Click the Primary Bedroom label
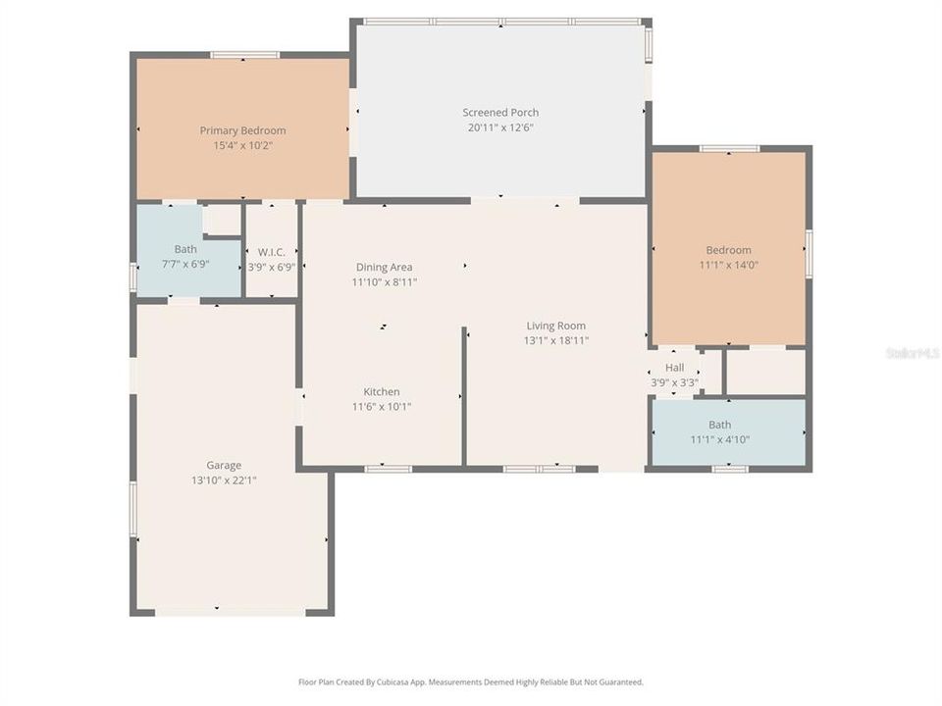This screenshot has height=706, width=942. click(x=242, y=130)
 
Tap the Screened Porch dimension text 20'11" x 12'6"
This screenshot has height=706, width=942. click(x=500, y=127)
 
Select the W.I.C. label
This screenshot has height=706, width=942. click(x=271, y=251)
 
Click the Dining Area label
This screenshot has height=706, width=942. click(x=384, y=267)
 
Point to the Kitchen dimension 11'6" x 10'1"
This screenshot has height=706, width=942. click(x=382, y=407)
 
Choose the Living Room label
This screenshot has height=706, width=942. click(x=555, y=326)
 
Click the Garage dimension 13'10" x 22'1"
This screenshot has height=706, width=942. click(x=224, y=480)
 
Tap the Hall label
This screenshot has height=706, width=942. click(x=674, y=368)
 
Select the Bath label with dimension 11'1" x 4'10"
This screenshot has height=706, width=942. click(x=719, y=425)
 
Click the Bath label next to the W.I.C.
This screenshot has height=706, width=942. click(x=185, y=249)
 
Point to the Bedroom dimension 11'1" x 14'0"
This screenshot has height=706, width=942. click(x=728, y=265)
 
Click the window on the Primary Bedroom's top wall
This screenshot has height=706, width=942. click(x=244, y=55)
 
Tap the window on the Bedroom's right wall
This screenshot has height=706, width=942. click(x=809, y=253)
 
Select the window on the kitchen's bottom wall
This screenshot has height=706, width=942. click(x=388, y=469)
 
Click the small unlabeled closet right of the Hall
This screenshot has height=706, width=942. click(x=765, y=372)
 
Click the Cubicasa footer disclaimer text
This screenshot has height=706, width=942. click(x=471, y=681)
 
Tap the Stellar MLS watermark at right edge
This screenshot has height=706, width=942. click(x=913, y=352)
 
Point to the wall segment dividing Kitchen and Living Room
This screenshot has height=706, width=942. click(x=463, y=396)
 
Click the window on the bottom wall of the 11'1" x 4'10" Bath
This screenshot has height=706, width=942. click(x=730, y=469)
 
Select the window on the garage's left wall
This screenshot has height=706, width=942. click(x=132, y=508)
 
